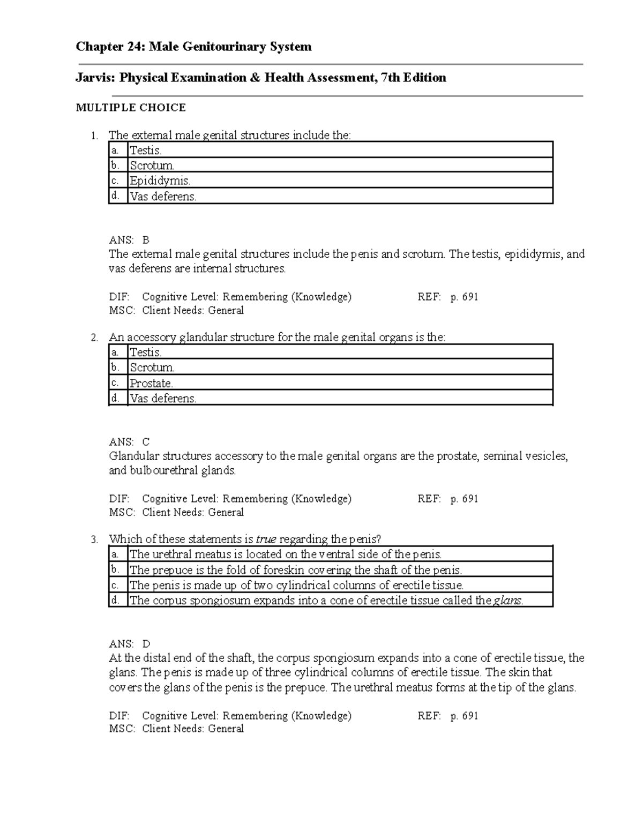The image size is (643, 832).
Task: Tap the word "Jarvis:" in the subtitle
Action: coord(95,78)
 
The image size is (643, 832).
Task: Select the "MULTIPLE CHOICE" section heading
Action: coord(131,108)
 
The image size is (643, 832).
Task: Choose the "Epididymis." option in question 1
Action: coord(160,181)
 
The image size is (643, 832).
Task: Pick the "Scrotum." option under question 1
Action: coord(152,166)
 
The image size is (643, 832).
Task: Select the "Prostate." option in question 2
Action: coord(152,383)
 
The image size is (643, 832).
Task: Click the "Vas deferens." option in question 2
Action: coord(163,398)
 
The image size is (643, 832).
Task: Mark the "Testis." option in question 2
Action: coord(146,352)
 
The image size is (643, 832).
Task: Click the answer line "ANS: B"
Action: coord(129,240)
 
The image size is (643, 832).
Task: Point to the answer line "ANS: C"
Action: coord(129,442)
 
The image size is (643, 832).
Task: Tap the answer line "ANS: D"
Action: coord(129,643)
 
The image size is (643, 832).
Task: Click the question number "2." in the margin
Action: coord(95,338)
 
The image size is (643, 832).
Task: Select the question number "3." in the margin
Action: coord(95,539)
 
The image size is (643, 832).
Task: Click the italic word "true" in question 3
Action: coord(266,539)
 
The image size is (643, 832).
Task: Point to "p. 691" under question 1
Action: coord(464,297)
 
